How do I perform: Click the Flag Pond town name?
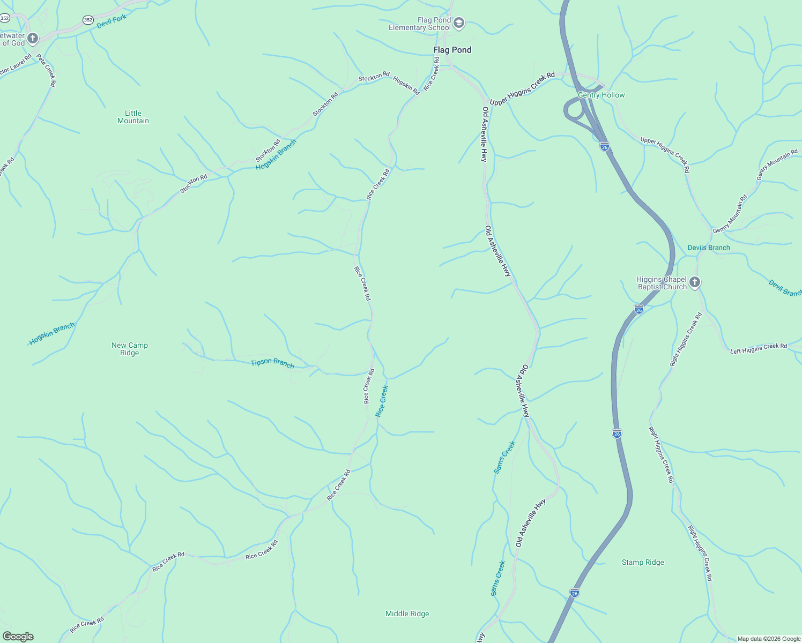coord(452,50)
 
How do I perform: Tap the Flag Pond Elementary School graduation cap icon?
coord(458,23)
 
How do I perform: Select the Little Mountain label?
coord(133,117)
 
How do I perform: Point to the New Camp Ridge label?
coord(130,349)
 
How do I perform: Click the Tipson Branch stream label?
coord(272,363)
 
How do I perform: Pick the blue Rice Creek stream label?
coord(382,401)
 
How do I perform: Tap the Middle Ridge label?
coord(407,614)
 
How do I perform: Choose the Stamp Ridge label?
coord(643,562)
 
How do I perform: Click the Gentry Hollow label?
coord(601,95)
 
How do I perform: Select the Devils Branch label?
coord(709,248)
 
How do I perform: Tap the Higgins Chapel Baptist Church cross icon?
coord(695,282)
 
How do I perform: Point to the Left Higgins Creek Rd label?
coord(759,348)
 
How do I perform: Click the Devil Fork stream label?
coord(112,21)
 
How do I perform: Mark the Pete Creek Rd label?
coord(46,70)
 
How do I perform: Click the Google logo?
coord(18,637)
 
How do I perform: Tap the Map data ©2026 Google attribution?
coord(769,639)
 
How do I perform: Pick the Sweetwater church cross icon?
coord(33,38)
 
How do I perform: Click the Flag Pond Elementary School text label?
coord(420,24)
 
